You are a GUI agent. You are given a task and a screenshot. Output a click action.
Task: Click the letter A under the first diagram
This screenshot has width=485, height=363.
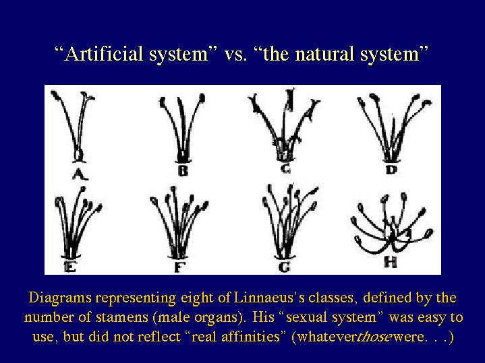coord(80,174)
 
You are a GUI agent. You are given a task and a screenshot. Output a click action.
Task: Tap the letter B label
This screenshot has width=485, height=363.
coord(183,170)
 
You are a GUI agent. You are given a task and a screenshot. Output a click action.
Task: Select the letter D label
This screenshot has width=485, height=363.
coord(391,170)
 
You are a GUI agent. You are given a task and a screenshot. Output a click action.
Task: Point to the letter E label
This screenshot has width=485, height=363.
coord(70,266)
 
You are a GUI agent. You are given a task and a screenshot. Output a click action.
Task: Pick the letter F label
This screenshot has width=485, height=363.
coord(179,267)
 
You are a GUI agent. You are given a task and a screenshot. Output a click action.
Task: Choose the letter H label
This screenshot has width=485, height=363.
coord(390,262)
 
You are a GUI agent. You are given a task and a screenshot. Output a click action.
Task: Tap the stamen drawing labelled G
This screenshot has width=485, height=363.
coord(289,222)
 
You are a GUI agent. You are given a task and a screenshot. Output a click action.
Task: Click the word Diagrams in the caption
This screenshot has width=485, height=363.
coord(60,298)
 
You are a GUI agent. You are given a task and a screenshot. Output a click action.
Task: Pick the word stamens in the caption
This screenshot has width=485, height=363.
coord(122,317)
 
